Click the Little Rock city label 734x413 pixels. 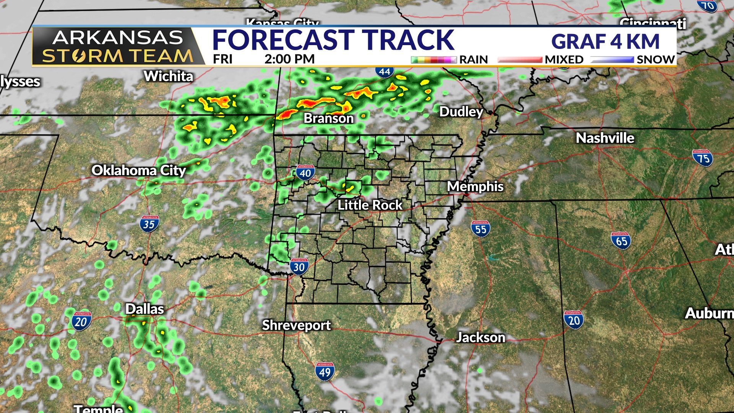click(370, 205)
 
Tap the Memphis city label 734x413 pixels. click(475, 186)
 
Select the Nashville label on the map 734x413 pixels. click(605, 138)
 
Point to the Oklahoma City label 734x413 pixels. click(138, 170)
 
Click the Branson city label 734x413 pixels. click(328, 118)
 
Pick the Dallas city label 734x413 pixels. click(145, 309)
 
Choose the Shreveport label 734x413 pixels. click(296, 325)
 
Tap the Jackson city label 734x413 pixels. click(481, 337)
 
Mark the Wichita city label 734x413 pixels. click(168, 76)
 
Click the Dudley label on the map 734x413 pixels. click(461, 112)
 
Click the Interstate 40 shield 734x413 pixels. click(305, 172)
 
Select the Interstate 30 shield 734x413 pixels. click(299, 267)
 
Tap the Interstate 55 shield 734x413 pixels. click(481, 229)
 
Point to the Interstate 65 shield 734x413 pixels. click(621, 241)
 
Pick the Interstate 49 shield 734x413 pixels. click(325, 371)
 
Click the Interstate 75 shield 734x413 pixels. click(703, 158)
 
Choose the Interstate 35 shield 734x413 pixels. click(149, 224)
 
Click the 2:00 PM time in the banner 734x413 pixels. click(289, 59)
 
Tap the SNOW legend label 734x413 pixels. click(655, 60)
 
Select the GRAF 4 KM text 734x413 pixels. click(605, 41)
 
